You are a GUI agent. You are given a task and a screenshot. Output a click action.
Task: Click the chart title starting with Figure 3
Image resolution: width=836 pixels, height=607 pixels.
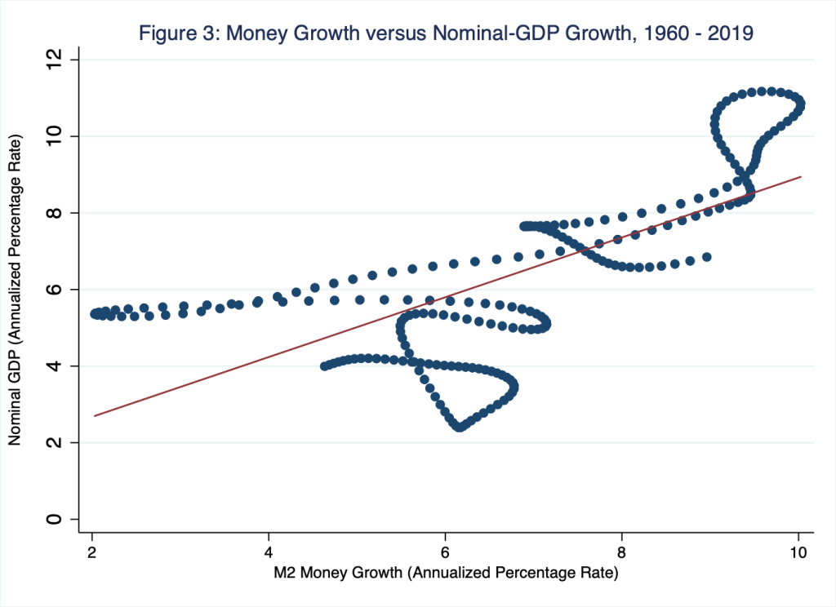point(447,33)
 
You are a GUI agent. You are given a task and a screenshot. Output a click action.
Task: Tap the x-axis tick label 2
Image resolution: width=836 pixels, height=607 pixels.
point(92,550)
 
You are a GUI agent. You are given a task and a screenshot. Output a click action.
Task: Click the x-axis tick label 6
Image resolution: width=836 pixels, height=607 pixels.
point(446,550)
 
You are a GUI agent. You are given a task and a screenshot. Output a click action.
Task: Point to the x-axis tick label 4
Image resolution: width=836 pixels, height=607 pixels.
point(269,550)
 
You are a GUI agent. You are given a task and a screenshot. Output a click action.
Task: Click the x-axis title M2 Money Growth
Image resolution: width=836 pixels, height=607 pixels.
point(445,573)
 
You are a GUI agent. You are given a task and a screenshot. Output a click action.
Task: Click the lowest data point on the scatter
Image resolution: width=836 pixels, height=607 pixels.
point(460,427)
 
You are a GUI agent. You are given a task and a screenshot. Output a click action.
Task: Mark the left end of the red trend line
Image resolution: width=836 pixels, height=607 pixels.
point(95,416)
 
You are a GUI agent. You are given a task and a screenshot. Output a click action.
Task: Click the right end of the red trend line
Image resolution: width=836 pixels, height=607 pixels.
point(801,176)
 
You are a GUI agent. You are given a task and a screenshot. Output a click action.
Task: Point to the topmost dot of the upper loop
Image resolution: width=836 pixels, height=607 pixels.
point(761,91)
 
